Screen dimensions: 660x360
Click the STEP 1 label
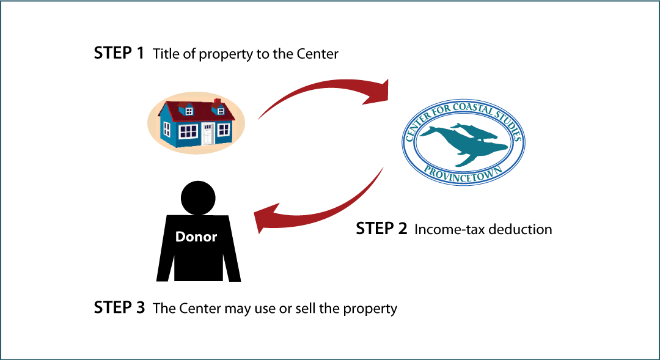coord(119,53)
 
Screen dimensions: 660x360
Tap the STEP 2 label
coord(381,229)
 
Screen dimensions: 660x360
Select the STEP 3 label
coord(119,307)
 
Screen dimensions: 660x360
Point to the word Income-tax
coord(449,229)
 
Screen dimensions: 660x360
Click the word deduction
coord(519,229)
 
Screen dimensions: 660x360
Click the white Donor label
coord(196,237)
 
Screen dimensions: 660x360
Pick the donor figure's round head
coord(198,198)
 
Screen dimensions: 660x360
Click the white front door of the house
coord(208,134)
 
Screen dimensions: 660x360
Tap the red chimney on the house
coord(217,102)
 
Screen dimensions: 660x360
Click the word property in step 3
coord(370,309)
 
